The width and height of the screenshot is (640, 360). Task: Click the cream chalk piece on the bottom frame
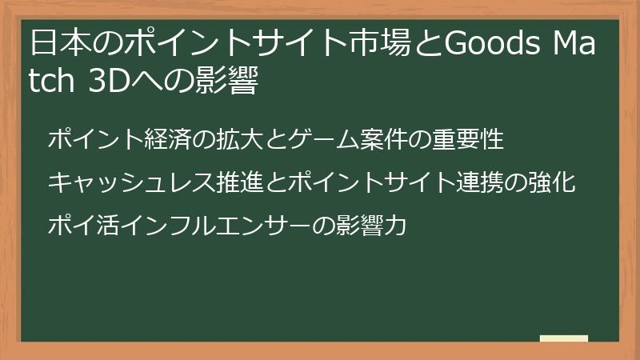(x=563, y=340)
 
